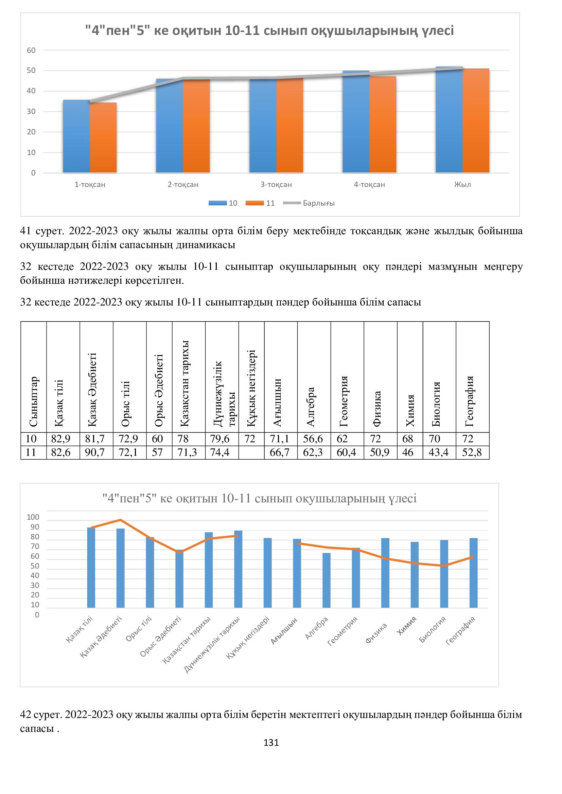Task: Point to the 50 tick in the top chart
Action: (x=31, y=71)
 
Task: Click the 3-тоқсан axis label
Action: (x=276, y=185)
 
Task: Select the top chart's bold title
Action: (x=269, y=31)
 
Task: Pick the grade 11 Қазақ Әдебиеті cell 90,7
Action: (x=95, y=452)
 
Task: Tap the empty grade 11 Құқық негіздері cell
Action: (x=251, y=452)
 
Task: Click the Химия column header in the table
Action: (x=410, y=410)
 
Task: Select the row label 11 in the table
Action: (x=31, y=452)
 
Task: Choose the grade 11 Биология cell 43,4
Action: (x=438, y=452)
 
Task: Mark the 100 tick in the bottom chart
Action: (x=33, y=517)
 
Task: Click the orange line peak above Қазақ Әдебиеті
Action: (x=120, y=520)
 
